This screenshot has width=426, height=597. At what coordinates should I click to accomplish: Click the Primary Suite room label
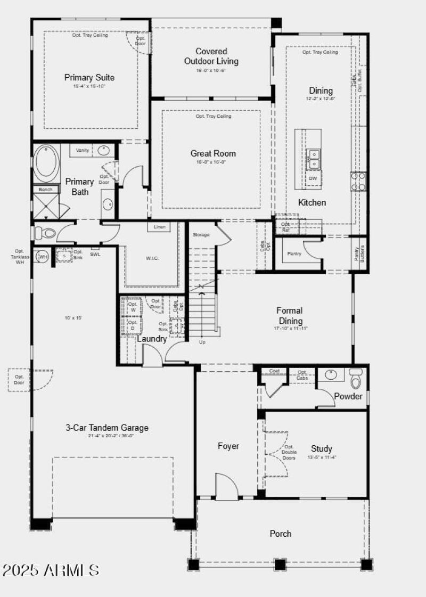click(x=89, y=78)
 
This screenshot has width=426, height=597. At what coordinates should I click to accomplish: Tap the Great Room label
click(x=213, y=153)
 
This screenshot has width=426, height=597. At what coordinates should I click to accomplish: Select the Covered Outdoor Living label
click(x=211, y=56)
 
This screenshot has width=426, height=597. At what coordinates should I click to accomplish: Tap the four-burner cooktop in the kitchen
click(x=358, y=181)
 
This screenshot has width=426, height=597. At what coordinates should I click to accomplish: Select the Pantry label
click(x=294, y=254)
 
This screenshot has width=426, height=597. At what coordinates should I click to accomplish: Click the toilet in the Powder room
click(x=356, y=380)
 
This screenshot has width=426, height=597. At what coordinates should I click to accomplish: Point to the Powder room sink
click(x=331, y=374)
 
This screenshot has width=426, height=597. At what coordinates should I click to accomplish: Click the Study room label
click(x=322, y=448)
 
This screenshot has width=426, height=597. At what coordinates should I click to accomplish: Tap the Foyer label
click(x=228, y=446)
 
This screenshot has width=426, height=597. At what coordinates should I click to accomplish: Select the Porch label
click(x=280, y=534)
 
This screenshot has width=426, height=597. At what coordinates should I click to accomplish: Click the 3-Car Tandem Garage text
click(x=107, y=427)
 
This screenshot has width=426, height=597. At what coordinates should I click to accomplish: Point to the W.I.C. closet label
click(x=152, y=259)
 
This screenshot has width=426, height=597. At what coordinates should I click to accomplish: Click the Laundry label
click(x=152, y=339)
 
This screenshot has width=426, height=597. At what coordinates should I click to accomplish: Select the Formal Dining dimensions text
click(x=290, y=329)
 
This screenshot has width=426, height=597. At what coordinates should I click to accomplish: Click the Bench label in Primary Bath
click(x=45, y=190)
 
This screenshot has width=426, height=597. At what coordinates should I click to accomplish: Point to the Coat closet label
click(x=274, y=371)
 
